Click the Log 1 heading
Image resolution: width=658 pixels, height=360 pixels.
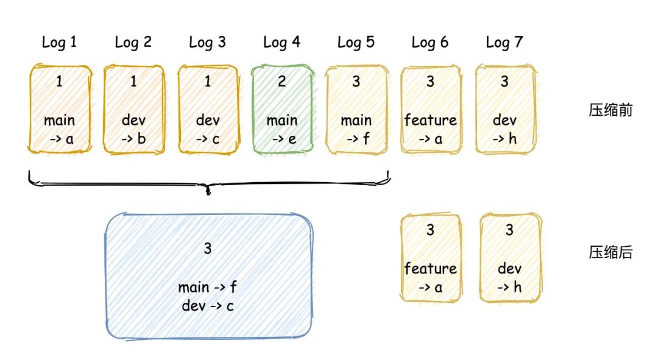[59, 42]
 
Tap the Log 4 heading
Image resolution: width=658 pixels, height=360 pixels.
[281, 42]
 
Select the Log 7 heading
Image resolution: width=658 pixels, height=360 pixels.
[504, 42]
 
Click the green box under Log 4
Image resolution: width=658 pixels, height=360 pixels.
[282, 109]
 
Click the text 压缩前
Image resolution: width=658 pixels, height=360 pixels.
[610, 110]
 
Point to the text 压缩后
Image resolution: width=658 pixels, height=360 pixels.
[610, 253]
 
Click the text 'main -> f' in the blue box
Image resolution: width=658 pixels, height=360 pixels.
[208, 288]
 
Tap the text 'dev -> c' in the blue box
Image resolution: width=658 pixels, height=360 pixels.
[208, 305]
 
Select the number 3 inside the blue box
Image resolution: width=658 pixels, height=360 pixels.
[208, 248]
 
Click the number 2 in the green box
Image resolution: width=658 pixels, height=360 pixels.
[281, 82]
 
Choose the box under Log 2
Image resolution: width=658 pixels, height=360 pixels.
[134, 109]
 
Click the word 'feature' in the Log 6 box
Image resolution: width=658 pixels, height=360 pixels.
[430, 120]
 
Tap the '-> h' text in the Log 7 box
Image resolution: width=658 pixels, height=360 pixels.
[504, 139]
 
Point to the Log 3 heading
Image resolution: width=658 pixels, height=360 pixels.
[207, 42]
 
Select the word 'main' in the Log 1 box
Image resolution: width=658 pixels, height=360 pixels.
[59, 120]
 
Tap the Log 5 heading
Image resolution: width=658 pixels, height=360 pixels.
[356, 42]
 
